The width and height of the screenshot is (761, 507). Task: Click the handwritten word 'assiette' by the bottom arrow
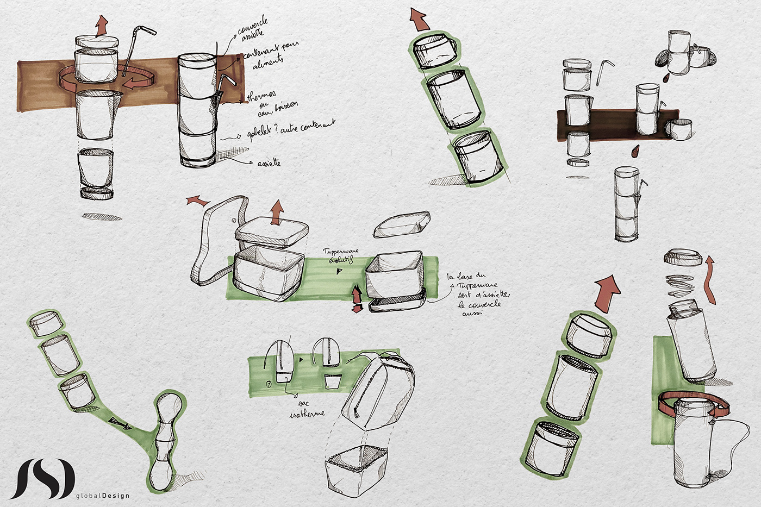coord(269,162)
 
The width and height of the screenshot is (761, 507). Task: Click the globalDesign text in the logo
coord(103,495)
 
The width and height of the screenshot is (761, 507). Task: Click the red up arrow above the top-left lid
coord(101,26)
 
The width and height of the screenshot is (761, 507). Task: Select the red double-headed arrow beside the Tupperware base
coord(357,299)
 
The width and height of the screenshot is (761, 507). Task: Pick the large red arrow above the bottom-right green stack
coord(608,293)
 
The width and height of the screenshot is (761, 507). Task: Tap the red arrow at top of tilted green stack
coord(418,19)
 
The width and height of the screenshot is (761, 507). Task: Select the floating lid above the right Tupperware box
coord(402,224)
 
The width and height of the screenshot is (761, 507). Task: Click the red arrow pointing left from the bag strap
coord(198,201)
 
